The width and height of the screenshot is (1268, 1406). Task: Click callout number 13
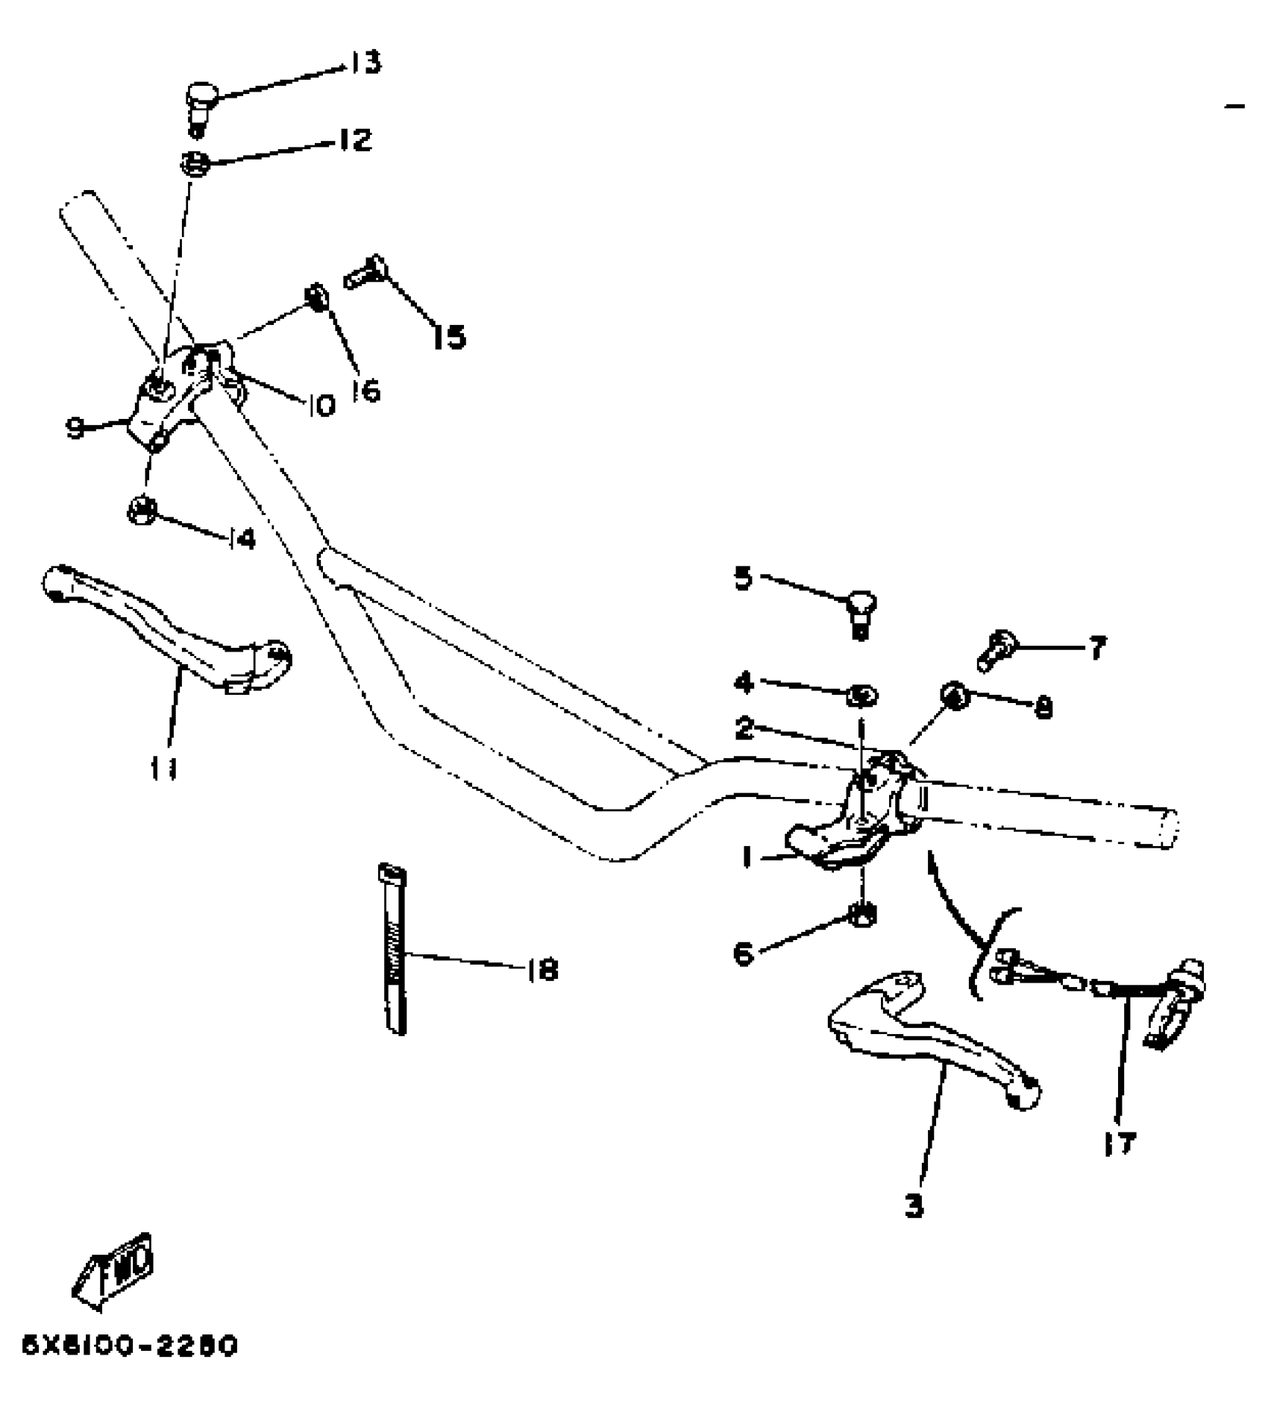365,63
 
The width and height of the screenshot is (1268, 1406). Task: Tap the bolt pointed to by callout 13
200,104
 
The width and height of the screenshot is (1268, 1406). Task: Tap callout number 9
75,427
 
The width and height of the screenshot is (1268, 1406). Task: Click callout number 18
542,969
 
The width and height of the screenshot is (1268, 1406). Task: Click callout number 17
1119,1143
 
